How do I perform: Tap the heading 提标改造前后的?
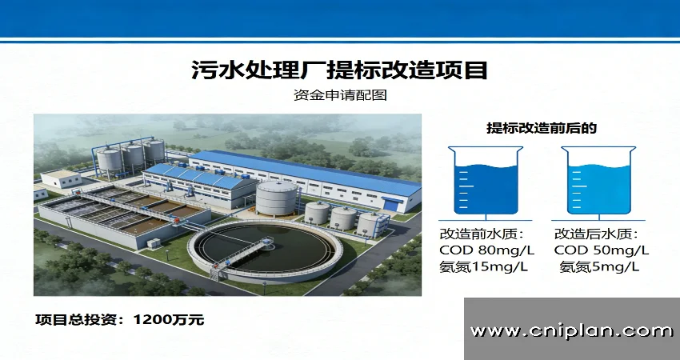(542, 127)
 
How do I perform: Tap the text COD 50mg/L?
(602, 250)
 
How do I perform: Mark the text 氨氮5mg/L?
(599, 266)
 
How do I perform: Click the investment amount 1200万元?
(169, 320)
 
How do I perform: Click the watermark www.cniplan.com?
(571, 330)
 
